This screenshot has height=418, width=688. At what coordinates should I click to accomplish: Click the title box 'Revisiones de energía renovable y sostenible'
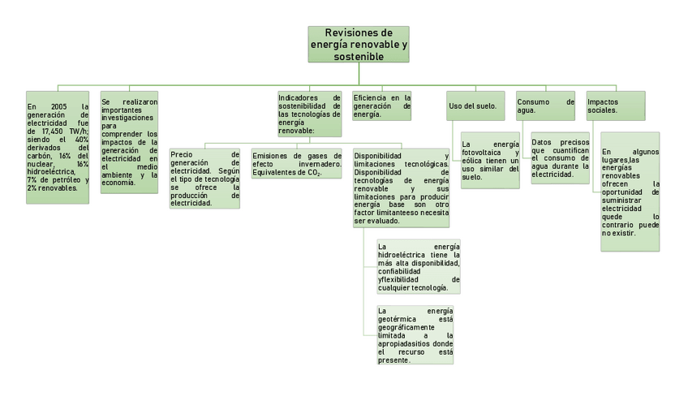click(x=358, y=44)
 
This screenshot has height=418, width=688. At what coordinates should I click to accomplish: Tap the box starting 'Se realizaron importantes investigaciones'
click(x=130, y=141)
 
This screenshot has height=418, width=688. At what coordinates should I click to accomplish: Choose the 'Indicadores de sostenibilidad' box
click(x=309, y=113)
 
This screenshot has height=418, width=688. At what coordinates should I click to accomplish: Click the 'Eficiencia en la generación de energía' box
click(x=381, y=106)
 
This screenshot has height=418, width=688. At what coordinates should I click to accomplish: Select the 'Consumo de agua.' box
click(x=545, y=106)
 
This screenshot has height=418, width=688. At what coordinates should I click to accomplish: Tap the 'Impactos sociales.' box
click(x=616, y=106)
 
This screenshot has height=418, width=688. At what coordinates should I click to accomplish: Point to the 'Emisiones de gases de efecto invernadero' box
click(x=297, y=163)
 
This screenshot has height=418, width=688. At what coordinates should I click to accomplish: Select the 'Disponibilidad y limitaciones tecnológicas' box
click(x=401, y=187)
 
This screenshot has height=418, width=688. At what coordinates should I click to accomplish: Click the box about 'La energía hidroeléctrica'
click(x=419, y=267)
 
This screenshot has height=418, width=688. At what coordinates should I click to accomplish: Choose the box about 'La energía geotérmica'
click(x=415, y=335)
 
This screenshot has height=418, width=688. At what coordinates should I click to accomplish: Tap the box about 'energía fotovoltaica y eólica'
click(x=490, y=160)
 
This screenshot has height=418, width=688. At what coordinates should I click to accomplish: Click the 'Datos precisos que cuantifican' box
click(x=560, y=158)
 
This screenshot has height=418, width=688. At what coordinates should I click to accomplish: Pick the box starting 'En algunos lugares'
click(x=630, y=192)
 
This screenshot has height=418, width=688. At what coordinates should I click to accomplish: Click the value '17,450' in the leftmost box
click(x=54, y=131)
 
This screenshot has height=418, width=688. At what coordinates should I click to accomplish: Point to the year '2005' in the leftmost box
click(x=58, y=106)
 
